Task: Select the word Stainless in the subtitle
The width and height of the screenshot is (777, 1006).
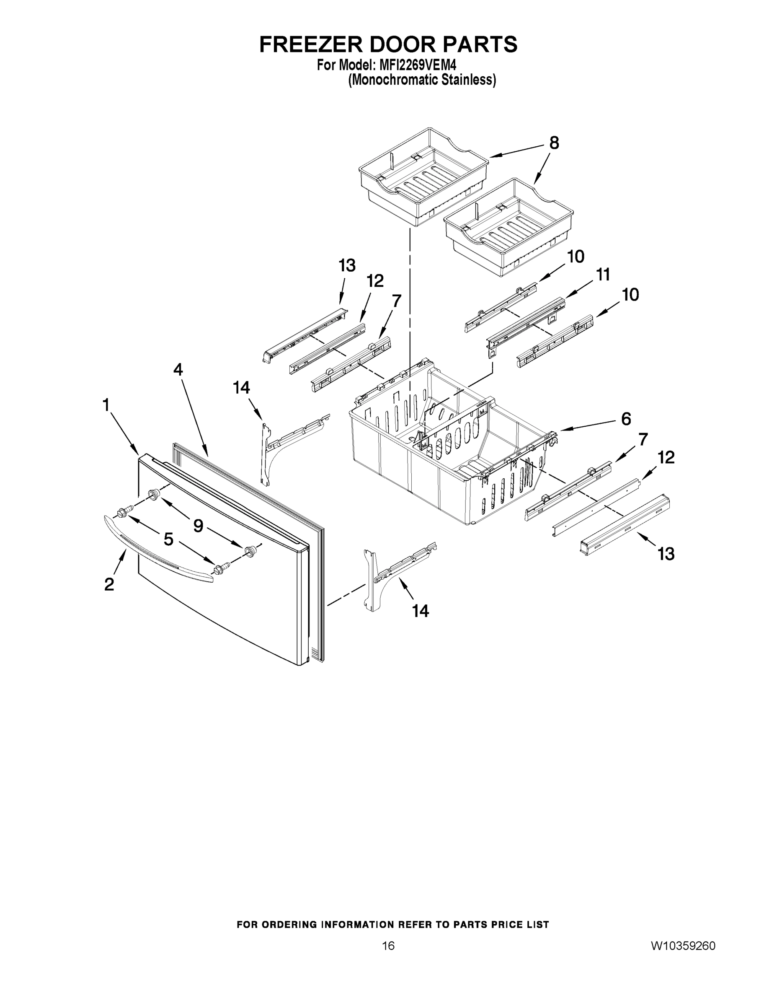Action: point(468,80)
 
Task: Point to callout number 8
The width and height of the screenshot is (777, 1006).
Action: point(554,143)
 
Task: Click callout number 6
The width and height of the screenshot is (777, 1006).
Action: point(626,419)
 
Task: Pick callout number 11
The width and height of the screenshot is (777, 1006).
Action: point(603,275)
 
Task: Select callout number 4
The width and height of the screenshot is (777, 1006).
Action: point(178,369)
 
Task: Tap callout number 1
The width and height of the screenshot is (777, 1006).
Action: point(106,405)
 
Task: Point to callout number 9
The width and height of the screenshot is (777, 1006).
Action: point(198,526)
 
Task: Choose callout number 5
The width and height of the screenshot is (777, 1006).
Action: point(168,539)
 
